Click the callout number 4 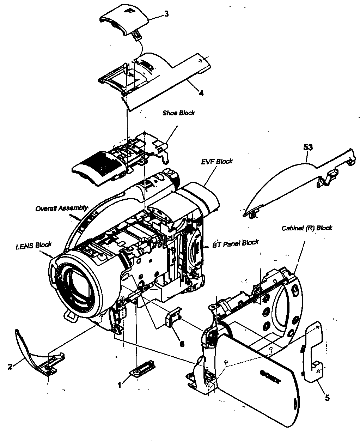[x=201, y=93]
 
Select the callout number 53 [x=308, y=147]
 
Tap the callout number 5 [x=327, y=398]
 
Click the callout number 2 [x=10, y=366]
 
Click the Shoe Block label [x=178, y=113]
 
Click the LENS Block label [x=33, y=245]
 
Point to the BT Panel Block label [x=235, y=243]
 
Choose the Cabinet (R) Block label [x=307, y=228]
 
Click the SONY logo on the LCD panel [x=270, y=377]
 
